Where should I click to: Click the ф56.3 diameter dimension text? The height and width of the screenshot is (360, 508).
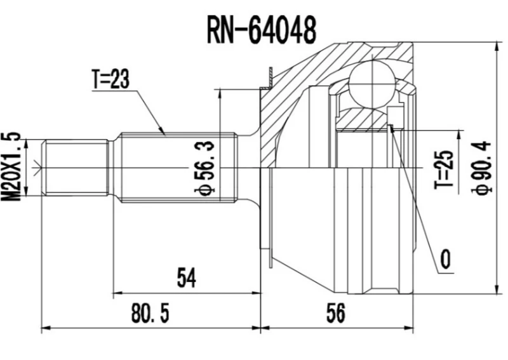[x=207, y=167]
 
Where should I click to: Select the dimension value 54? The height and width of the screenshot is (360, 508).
[x=185, y=277]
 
